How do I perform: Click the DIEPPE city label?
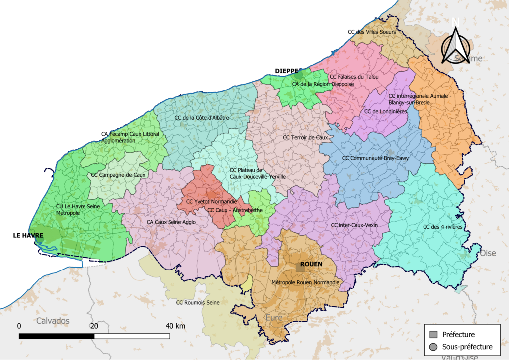(287, 71)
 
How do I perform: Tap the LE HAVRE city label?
(28, 235)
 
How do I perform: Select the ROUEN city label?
(311, 264)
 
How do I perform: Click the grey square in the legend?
(433, 334)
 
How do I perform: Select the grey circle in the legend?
(433, 347)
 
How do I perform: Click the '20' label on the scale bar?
(94, 326)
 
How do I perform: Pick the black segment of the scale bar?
(57, 336)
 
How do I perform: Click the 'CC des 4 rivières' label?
(442, 227)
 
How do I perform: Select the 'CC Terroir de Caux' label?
(305, 137)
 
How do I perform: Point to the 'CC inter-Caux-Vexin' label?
(354, 225)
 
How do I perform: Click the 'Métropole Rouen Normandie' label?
(305, 282)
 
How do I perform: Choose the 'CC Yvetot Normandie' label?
(211, 202)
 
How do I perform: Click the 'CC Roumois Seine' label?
(198, 302)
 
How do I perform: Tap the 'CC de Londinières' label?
(385, 112)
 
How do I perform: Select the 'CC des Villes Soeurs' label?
(372, 32)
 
